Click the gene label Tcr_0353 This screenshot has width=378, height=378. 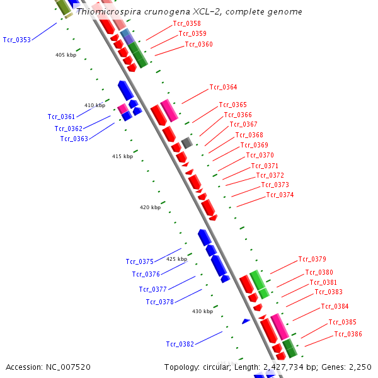(16, 40)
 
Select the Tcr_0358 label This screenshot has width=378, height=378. (186, 23)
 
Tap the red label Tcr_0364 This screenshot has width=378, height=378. (223, 87)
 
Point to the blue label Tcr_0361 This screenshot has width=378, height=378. (61, 117)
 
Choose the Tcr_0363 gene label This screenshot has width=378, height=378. (74, 139)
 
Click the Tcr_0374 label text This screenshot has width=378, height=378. (280, 195)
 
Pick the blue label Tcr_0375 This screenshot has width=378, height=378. (139, 261)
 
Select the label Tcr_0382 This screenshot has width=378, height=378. (180, 344)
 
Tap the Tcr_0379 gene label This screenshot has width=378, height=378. (312, 259)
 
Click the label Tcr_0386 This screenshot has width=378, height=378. (348, 334)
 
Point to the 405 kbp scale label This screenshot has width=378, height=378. (66, 55)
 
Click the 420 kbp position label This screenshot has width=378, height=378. (150, 207)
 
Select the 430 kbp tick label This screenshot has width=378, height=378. (202, 311)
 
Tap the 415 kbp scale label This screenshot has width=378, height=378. (122, 156)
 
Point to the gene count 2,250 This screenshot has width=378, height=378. (358, 367)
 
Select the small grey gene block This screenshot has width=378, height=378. (186, 142)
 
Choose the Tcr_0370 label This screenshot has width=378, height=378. (260, 155)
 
